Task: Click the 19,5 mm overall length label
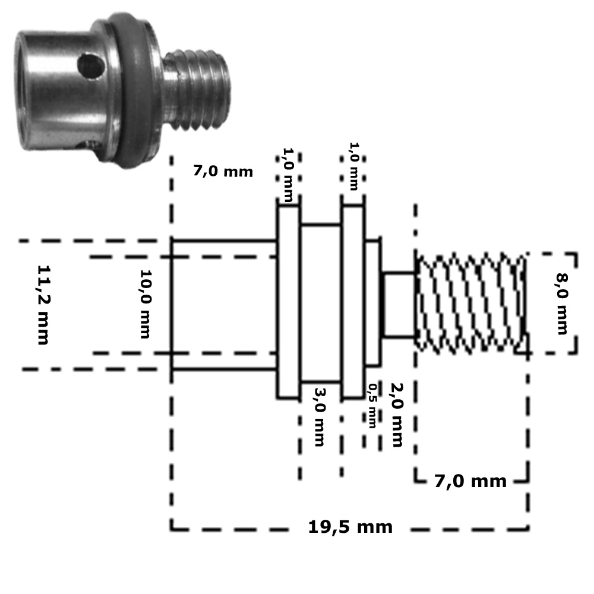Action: pyautogui.click(x=350, y=527)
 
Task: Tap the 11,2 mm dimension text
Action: pyautogui.click(x=43, y=305)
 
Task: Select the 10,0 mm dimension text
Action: pyautogui.click(x=146, y=304)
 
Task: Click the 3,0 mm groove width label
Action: pyautogui.click(x=320, y=417)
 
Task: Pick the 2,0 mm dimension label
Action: pyautogui.click(x=397, y=415)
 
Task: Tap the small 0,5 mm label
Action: pyautogui.click(x=373, y=406)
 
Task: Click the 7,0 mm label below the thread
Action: pyautogui.click(x=470, y=481)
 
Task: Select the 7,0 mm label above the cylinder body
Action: pyautogui.click(x=223, y=171)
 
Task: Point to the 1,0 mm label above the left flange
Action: pyautogui.click(x=288, y=175)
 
